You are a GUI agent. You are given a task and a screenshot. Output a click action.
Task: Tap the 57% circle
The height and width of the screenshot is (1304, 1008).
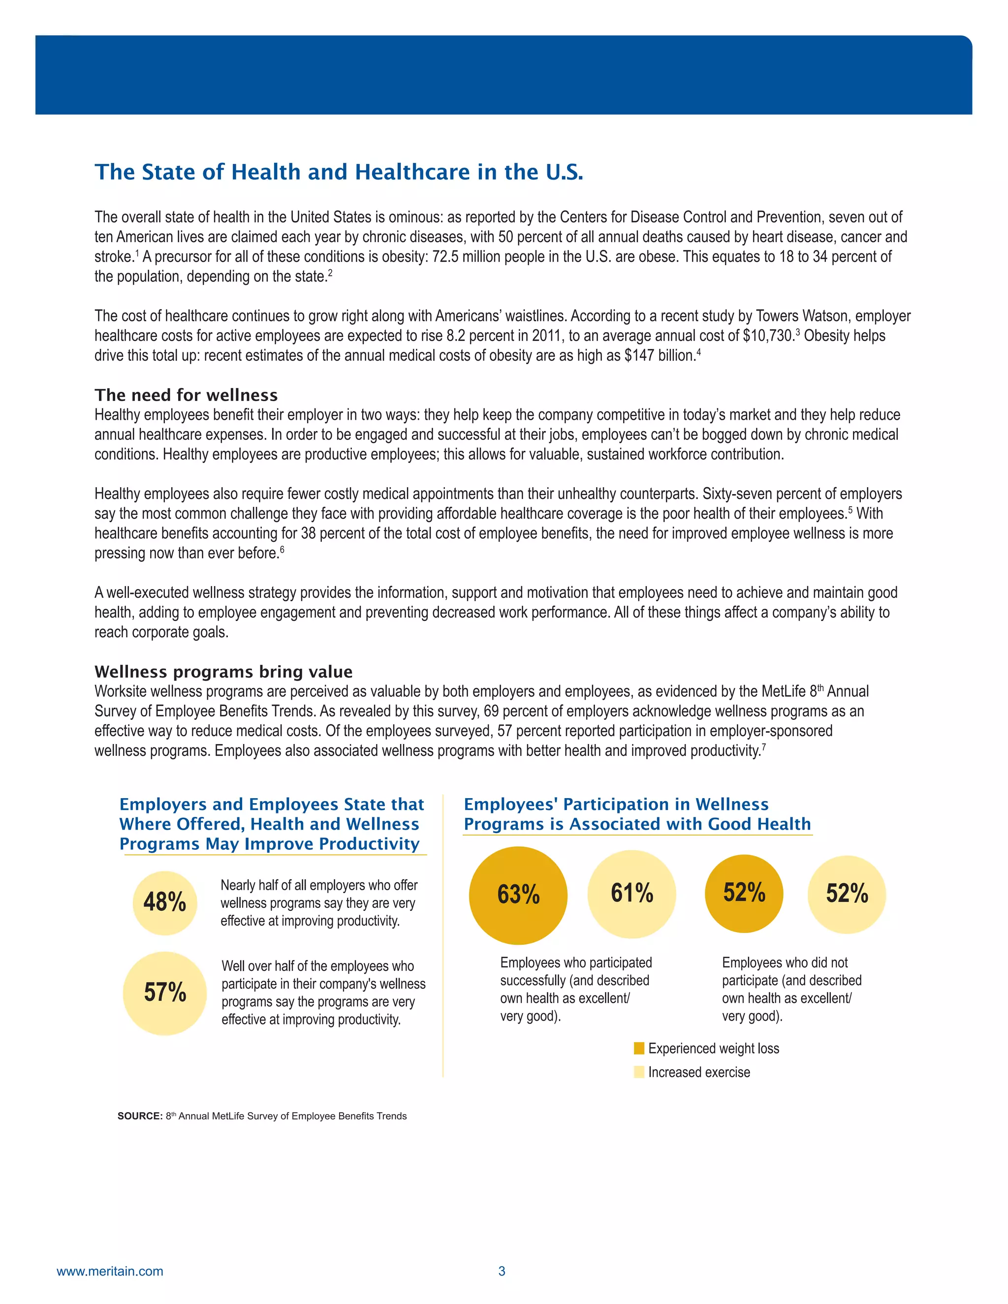point(165,993)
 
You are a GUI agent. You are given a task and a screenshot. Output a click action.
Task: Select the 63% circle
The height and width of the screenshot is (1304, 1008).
point(518,895)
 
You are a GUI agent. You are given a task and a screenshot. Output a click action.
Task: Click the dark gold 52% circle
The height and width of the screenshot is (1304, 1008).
point(744,893)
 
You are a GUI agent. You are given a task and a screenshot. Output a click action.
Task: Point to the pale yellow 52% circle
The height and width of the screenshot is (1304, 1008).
point(846,894)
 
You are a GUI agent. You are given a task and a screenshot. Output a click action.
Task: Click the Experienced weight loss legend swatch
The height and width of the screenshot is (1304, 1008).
point(639,1049)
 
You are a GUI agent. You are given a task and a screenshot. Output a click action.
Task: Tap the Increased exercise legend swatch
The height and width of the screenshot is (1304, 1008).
point(639,1072)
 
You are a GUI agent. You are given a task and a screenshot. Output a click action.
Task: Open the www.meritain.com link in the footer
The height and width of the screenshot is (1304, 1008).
point(110,1271)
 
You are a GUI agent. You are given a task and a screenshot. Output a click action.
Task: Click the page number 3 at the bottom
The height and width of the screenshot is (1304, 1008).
point(502,1271)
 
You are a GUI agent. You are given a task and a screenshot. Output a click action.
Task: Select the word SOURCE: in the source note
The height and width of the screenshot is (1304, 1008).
point(140,1116)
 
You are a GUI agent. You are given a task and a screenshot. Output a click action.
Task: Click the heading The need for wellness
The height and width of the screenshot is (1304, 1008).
point(186,395)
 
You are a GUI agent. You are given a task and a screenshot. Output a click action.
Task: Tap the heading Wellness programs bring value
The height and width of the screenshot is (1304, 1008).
point(223,672)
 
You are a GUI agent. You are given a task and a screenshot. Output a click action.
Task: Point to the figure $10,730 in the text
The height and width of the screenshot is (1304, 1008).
point(768,336)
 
